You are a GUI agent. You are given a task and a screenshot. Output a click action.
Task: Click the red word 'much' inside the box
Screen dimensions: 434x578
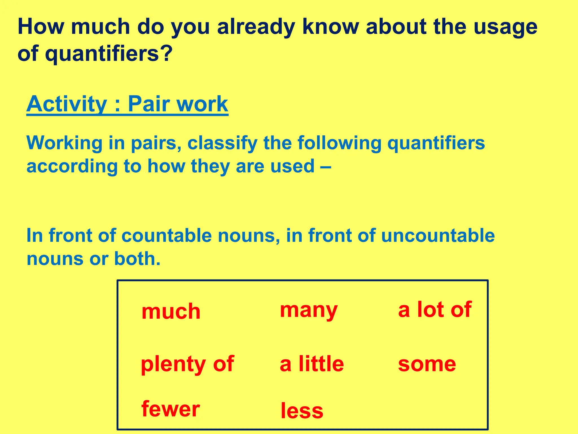coord(171,311)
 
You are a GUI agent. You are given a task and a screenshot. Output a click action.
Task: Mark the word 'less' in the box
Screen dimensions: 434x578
coord(302,411)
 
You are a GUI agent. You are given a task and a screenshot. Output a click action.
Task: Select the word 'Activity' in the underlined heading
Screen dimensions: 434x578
coord(67,104)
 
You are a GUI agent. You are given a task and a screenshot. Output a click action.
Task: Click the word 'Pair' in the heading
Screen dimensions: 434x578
coord(149,104)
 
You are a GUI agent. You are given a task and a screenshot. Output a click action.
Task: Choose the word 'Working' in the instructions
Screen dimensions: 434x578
coord(64,143)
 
